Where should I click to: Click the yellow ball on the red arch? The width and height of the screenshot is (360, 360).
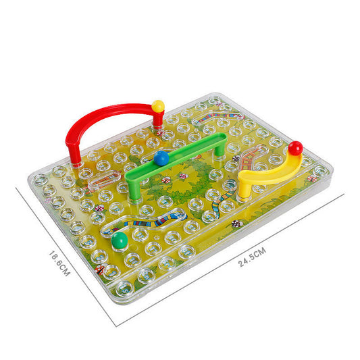pos(158,106)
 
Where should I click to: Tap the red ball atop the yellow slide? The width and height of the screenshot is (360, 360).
pos(295,148)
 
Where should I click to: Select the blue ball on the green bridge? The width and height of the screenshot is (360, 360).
pos(161,158)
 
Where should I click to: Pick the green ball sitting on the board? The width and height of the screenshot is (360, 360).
pos(120,240)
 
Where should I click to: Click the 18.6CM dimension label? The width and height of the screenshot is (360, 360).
pos(59,263)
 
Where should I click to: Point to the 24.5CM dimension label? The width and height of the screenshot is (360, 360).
pos(252,257)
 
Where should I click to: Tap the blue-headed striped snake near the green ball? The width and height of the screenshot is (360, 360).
pos(148,221)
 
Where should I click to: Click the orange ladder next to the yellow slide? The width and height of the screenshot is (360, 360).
pos(249,157)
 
